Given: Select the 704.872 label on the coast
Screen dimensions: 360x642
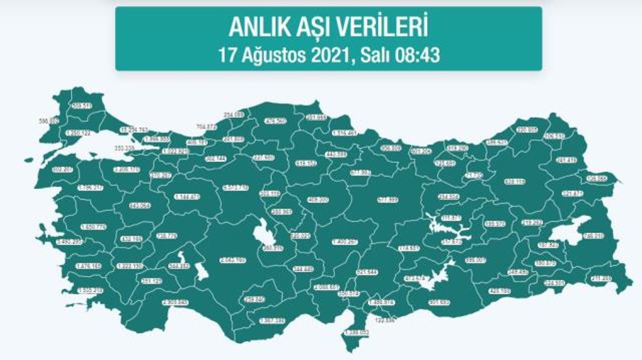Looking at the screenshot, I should (207, 127).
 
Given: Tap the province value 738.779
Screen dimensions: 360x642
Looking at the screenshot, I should (167, 235).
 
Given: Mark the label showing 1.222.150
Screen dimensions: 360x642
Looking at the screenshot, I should (130, 266).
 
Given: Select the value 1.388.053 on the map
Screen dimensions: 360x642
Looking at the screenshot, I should (357, 332).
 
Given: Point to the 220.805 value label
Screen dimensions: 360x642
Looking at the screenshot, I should (526, 129).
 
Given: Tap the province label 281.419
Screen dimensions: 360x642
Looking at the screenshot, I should (566, 160).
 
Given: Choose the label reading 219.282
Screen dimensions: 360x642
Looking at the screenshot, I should (532, 222).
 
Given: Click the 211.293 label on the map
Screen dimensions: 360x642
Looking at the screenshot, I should (601, 278).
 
